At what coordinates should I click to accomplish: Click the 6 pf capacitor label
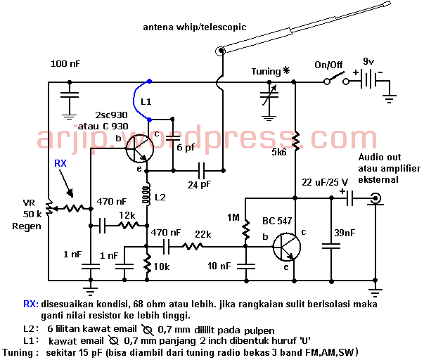pyautogui.click(x=186, y=148)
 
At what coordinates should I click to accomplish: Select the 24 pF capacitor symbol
pyautogui.click(x=203, y=170)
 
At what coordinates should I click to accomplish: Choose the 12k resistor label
pyautogui.click(x=127, y=214)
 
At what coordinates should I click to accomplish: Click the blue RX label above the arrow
pyautogui.click(x=61, y=164)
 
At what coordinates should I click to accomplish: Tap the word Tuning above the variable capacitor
pyautogui.click(x=265, y=72)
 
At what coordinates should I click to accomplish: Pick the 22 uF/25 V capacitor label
pyautogui.click(x=330, y=183)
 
